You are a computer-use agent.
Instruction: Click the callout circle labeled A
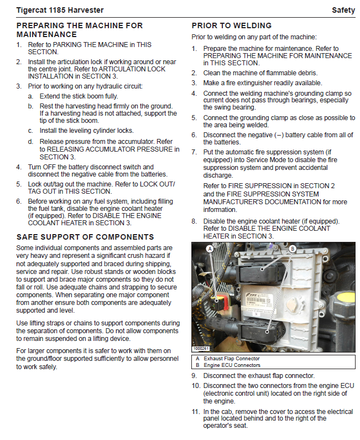pos(210,250)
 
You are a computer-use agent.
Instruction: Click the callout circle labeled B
pos(293,250)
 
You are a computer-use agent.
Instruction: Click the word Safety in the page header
pos(343,10)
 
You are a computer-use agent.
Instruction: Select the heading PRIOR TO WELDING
pos(231,25)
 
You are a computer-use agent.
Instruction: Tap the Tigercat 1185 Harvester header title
pos(60,10)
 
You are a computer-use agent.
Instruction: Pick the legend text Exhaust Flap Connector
pos(231,359)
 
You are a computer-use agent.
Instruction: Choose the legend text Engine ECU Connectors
pos(232,365)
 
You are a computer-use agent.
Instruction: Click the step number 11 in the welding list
pos(195,412)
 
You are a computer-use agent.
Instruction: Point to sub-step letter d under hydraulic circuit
pos(30,142)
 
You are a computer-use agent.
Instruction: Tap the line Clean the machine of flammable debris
pos(260,73)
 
